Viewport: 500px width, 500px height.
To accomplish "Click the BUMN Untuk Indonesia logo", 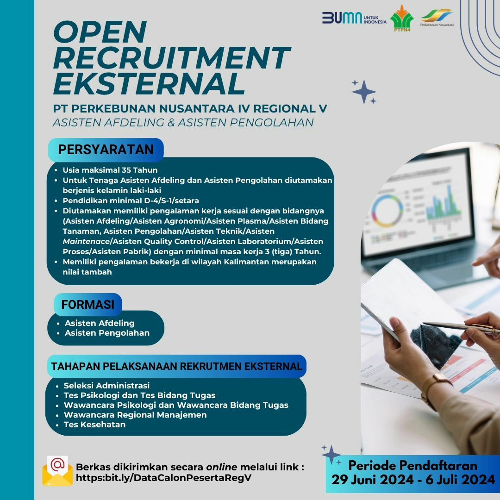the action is [354, 18].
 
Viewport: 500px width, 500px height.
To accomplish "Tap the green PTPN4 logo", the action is [402, 19].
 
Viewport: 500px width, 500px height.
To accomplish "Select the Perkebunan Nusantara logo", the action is [437, 18].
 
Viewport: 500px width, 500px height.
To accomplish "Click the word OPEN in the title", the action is [100, 32].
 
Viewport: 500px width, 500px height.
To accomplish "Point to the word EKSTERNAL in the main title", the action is [149, 83].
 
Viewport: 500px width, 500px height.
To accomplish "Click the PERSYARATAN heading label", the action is [106, 150].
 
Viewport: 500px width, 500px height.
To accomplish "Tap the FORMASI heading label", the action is [87, 305].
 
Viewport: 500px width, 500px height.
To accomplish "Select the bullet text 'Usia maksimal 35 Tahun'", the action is [110, 170].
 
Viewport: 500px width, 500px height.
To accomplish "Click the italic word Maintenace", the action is [86, 241].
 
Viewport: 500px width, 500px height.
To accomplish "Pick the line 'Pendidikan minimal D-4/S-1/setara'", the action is [131, 200].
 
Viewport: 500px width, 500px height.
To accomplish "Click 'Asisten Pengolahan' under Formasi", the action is [107, 333].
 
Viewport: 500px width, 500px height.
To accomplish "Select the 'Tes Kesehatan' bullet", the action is [95, 425].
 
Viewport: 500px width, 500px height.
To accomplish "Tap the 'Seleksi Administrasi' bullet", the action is [106, 386].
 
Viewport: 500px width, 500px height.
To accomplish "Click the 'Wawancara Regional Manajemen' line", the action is [135, 415].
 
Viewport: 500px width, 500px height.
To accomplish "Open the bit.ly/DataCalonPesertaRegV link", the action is [163, 478].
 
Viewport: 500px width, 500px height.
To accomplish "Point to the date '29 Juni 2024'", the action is [372, 480].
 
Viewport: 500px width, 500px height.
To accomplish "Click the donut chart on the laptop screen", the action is [387, 211].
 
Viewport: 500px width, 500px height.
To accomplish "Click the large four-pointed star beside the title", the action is [364, 92].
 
